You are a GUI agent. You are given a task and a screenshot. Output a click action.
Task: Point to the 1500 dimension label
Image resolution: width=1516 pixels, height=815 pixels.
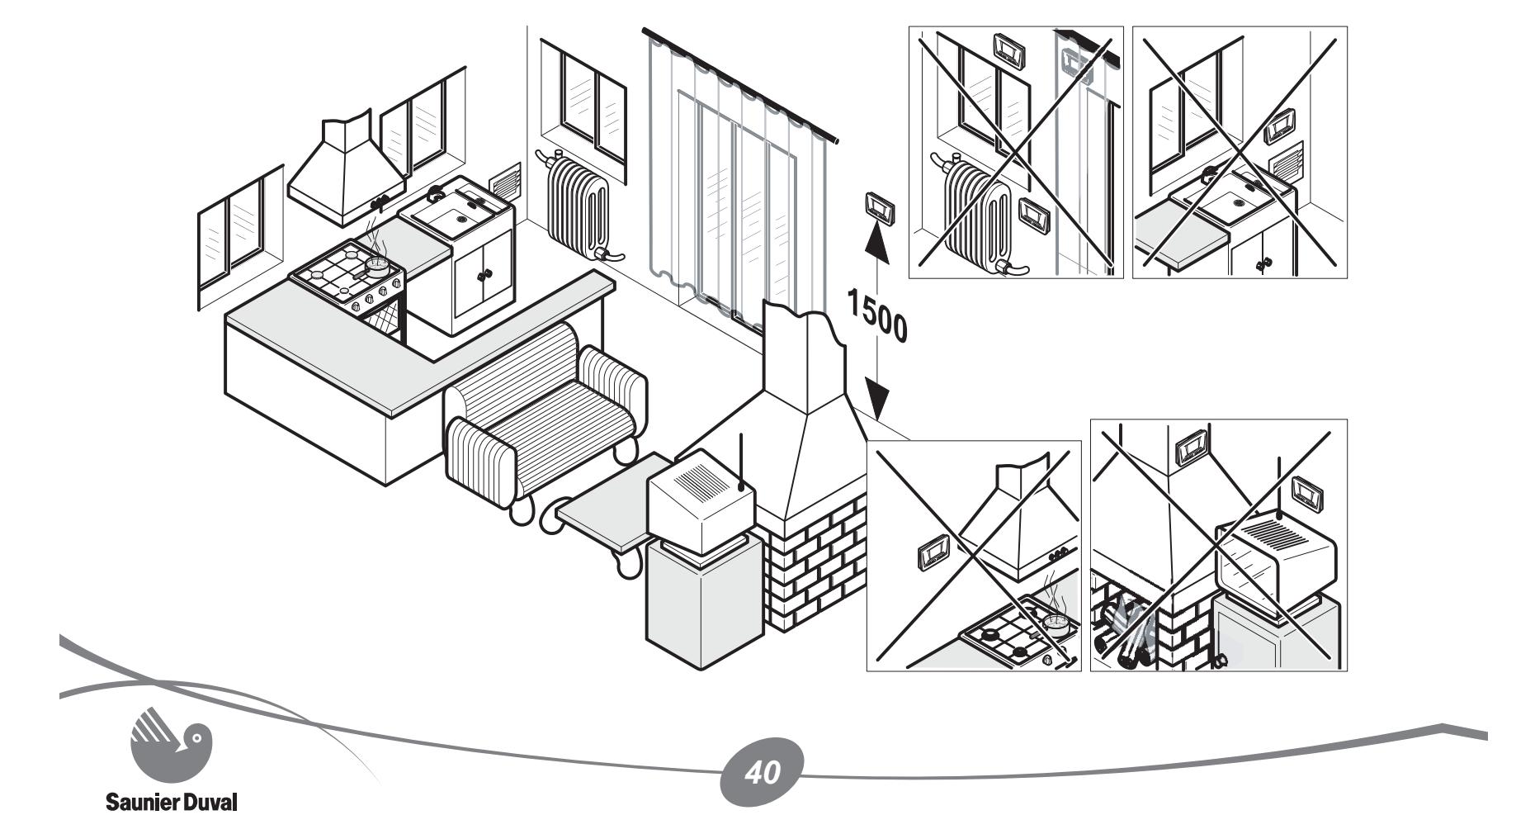pyautogui.click(x=876, y=318)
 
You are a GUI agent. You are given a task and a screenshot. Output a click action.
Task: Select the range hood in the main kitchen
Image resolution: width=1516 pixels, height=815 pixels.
pyautogui.click(x=347, y=169)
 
